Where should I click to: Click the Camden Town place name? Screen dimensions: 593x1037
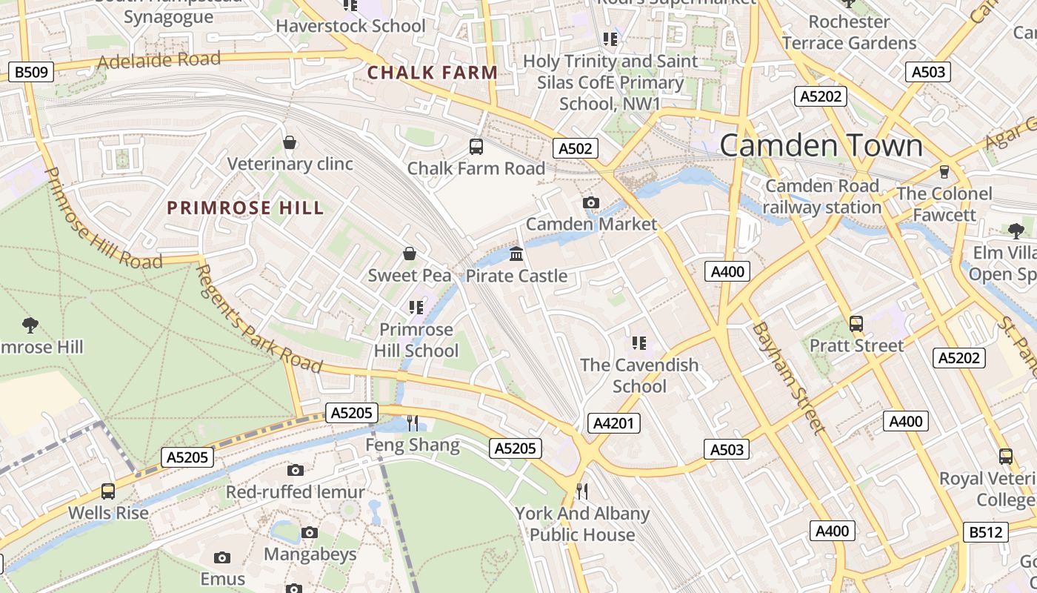(821, 145)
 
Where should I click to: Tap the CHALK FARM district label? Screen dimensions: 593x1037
(433, 73)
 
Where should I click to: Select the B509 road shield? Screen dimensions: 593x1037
(30, 72)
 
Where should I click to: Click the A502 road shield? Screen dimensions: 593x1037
(576, 148)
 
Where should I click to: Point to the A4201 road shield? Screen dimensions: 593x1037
(613, 423)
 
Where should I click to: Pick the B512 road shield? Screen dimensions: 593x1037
(986, 531)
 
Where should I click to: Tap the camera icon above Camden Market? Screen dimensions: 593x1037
(590, 202)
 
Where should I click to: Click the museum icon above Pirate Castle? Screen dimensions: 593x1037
(516, 254)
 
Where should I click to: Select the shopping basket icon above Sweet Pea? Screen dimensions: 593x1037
(409, 254)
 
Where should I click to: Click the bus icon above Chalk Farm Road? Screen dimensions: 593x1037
(476, 147)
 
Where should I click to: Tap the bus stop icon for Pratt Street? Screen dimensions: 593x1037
(856, 324)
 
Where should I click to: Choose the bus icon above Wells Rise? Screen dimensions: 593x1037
(108, 491)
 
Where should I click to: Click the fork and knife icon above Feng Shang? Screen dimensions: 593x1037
(413, 423)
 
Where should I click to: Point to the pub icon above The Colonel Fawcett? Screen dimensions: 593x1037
(944, 172)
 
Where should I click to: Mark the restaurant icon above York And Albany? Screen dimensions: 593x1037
(582, 491)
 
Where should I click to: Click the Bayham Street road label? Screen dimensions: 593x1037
(788, 378)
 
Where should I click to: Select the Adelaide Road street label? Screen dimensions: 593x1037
(159, 60)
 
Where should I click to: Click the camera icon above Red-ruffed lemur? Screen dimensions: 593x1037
(295, 470)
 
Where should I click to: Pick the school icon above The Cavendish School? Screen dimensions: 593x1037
(639, 342)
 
